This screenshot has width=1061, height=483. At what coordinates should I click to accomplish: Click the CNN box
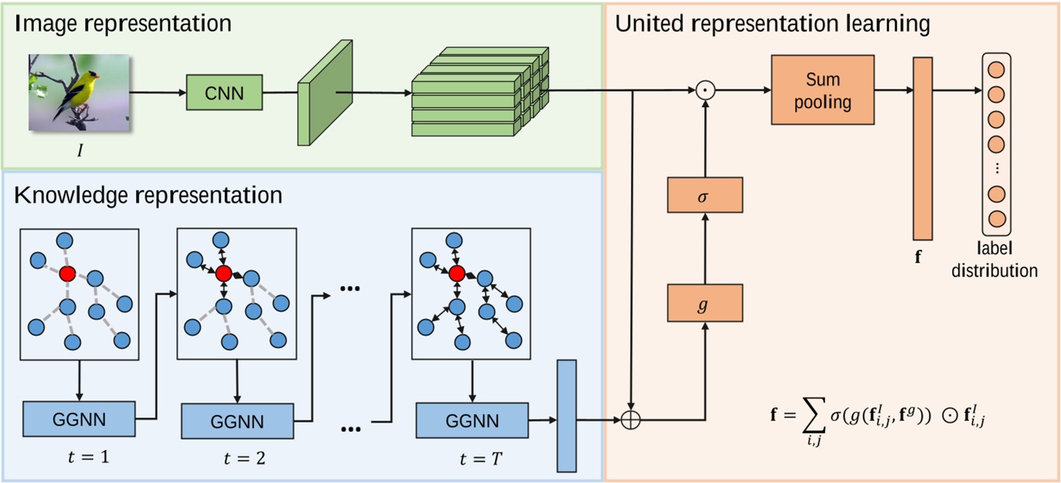tap(224, 92)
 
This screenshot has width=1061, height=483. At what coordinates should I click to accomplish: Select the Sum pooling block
tap(823, 90)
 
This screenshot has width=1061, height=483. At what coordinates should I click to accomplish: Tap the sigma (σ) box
tap(705, 195)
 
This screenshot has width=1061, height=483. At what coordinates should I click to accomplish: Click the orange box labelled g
tap(705, 303)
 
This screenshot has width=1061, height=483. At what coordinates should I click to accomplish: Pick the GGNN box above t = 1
tap(79, 419)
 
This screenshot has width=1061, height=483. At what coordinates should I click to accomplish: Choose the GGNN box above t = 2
tap(238, 421)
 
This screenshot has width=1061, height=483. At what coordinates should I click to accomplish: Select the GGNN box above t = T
tap(472, 420)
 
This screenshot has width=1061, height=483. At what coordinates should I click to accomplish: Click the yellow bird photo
tap(78, 92)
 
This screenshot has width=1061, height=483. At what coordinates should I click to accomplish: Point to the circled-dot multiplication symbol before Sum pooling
tap(706, 90)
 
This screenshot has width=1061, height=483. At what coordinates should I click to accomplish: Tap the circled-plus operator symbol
tap(631, 420)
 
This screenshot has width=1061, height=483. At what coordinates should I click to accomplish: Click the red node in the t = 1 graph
tap(68, 274)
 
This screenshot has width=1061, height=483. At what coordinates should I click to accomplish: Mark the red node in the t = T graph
tap(456, 274)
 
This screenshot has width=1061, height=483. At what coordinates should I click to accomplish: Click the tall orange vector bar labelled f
tap(923, 149)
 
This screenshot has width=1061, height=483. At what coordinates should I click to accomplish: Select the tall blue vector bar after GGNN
tap(567, 416)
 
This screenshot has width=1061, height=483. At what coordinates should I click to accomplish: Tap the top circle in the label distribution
tap(996, 70)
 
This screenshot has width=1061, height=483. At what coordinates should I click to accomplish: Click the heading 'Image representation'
tap(123, 23)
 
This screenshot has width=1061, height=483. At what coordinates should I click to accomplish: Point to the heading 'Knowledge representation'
tap(148, 195)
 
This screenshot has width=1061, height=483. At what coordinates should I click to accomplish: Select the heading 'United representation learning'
tap(772, 24)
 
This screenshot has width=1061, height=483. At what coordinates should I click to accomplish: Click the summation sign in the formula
tap(814, 415)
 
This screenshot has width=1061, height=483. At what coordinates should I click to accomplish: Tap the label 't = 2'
tap(244, 458)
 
